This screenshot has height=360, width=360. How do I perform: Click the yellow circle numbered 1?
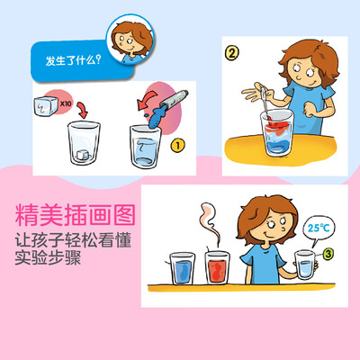(x=178, y=146)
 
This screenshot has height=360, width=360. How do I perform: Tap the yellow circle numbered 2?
(x=232, y=54)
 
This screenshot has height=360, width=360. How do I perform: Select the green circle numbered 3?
(x=328, y=254)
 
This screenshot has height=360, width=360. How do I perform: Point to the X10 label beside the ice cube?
(x=66, y=103)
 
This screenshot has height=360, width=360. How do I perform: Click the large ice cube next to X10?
(x=46, y=106)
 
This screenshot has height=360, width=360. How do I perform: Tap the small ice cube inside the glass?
(x=82, y=156)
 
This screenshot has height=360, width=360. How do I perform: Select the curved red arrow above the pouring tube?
(x=148, y=101)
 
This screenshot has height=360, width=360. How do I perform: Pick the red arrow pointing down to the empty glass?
(x=82, y=110)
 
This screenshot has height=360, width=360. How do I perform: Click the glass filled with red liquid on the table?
(x=217, y=268)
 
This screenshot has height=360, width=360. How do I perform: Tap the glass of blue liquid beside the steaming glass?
(x=182, y=268)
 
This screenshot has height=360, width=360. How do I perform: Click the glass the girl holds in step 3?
(x=305, y=265)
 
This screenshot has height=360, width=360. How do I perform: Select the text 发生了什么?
(x=74, y=60)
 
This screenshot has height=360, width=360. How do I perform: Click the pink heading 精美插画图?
(x=75, y=215)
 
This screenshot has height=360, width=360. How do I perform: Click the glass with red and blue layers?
(x=277, y=133)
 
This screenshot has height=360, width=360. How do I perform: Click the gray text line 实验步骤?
(x=48, y=257)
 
